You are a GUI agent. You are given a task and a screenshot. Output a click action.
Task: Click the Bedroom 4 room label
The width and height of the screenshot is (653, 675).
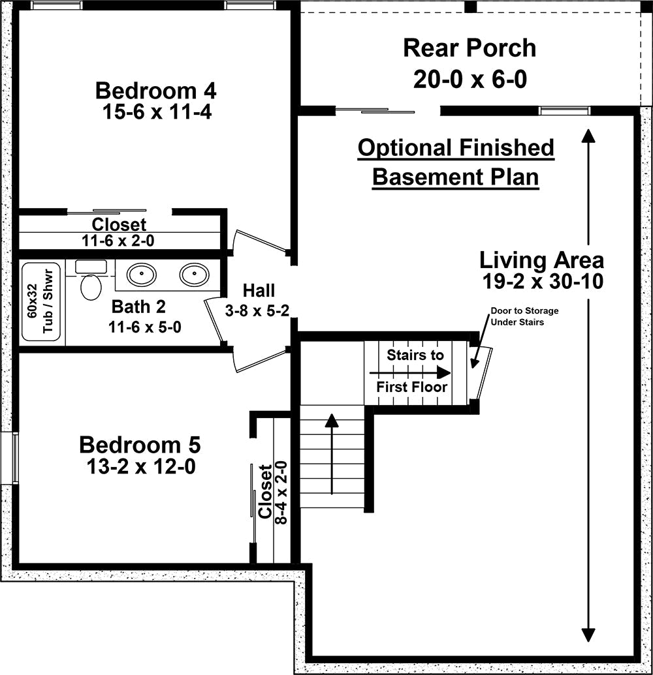(156, 91)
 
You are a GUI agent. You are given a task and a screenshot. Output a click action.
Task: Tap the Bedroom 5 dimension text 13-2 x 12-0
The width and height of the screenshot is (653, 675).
(142, 466)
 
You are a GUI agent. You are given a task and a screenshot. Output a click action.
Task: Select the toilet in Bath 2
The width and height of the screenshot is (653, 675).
(91, 280)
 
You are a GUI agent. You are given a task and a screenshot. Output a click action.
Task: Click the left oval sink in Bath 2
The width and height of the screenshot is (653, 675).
(142, 274)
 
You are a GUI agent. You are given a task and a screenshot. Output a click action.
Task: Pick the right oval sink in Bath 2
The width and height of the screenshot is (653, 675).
(195, 274)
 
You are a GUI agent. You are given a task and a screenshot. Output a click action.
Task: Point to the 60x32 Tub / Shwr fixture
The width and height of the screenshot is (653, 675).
(41, 301)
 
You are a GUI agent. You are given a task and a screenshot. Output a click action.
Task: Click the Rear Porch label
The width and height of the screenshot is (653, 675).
(470, 48)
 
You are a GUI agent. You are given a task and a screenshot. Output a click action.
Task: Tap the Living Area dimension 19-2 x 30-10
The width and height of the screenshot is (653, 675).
(543, 282)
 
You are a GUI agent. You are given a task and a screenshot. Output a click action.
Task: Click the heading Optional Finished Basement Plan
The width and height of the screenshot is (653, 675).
(456, 162)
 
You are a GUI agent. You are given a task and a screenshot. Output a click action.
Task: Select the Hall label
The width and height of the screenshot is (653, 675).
(259, 291)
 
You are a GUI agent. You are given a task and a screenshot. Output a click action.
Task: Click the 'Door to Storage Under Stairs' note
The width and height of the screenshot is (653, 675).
(524, 316)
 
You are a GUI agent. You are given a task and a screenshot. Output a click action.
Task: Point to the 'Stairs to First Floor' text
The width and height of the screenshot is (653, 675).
(413, 370)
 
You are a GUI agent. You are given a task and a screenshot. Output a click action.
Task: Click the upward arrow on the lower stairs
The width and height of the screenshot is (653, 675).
(332, 454)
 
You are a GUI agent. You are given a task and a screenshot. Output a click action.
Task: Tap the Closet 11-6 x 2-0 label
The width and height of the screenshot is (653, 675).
(119, 232)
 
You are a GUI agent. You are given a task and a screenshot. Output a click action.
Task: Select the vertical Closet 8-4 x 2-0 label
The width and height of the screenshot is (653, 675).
(272, 492)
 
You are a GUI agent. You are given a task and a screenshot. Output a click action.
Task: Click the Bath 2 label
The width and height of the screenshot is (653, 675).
(138, 307)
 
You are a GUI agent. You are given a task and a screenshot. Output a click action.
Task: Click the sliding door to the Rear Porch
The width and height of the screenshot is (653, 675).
(375, 111)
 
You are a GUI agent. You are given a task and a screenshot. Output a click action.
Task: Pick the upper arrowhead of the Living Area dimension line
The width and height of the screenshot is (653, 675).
(588, 136)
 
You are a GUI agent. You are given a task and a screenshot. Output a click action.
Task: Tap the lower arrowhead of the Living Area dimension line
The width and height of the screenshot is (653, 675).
(588, 635)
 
